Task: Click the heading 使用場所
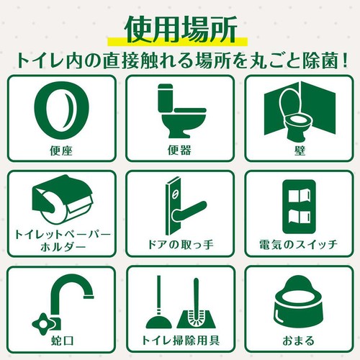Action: (181, 30)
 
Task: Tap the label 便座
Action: (61, 150)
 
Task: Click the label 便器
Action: (179, 150)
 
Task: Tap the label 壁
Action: (300, 150)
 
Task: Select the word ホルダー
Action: (63, 247)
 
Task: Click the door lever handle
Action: (189, 211)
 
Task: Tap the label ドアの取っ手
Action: (180, 245)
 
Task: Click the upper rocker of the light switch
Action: (299, 196)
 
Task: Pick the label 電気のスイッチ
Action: (299, 245)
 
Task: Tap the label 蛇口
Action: (62, 341)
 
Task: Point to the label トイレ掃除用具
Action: (180, 341)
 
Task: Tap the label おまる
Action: (298, 341)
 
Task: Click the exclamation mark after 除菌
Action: (345, 60)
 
